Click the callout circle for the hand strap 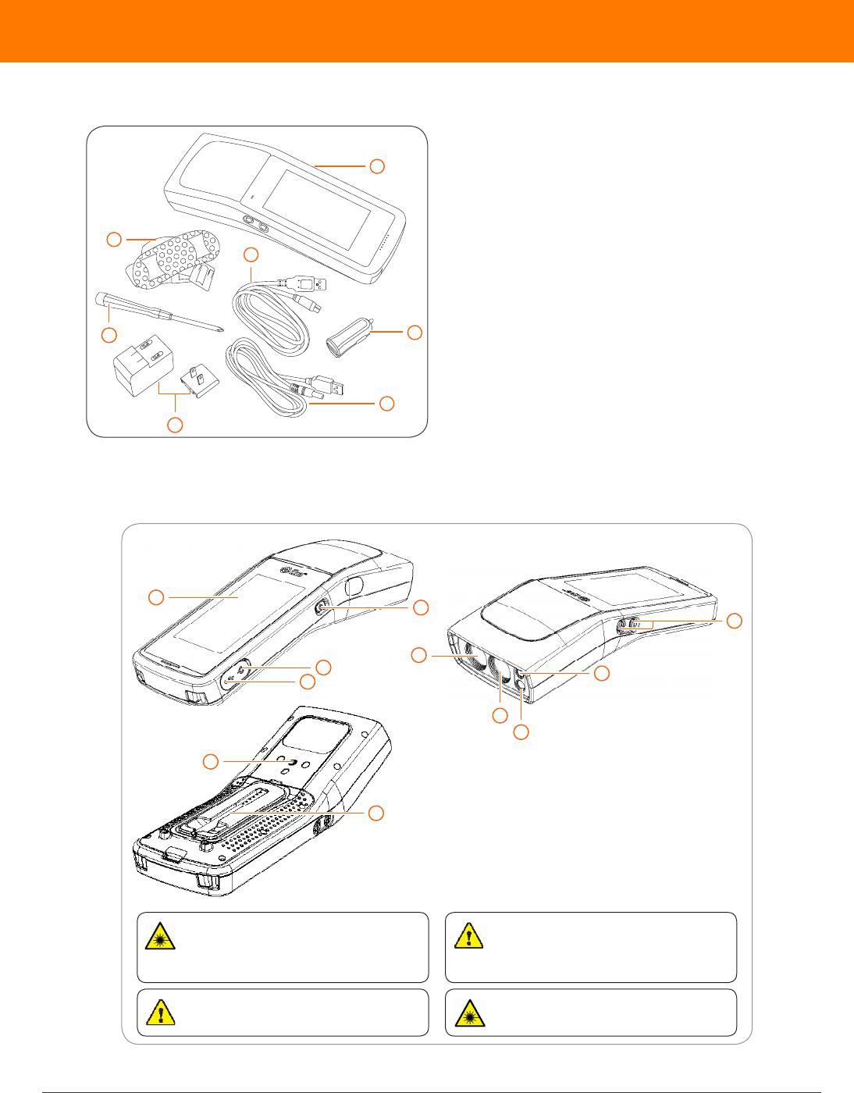click(x=114, y=239)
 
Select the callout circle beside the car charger click(x=415, y=332)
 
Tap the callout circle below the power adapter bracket click(x=176, y=425)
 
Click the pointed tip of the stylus click(x=222, y=329)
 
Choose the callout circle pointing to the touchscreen click(x=156, y=597)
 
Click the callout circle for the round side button click(x=421, y=607)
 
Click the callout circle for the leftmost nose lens click(x=419, y=655)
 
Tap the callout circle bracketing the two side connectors click(x=733, y=621)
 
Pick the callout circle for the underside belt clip click(x=376, y=813)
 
